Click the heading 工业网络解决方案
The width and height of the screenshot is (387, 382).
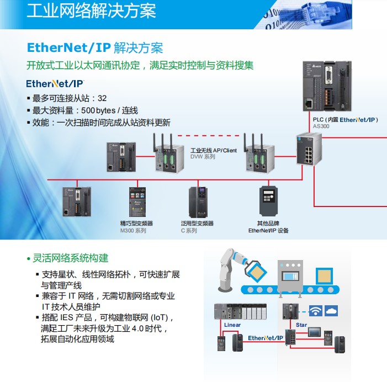coord(91,11)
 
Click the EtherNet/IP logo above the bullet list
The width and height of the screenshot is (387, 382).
coord(55,83)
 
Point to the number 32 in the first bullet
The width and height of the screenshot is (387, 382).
coord(102,98)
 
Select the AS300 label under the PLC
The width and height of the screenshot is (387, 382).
coord(321,126)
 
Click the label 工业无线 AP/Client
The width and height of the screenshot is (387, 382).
coord(214,150)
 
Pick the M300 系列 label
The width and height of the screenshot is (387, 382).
coord(133,230)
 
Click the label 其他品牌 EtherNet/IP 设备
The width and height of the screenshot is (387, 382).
coord(268,227)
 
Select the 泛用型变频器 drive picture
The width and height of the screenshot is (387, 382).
coord(198,201)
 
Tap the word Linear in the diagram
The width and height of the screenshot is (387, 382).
coord(232,325)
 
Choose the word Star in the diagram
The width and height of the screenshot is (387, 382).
coord(301,325)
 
